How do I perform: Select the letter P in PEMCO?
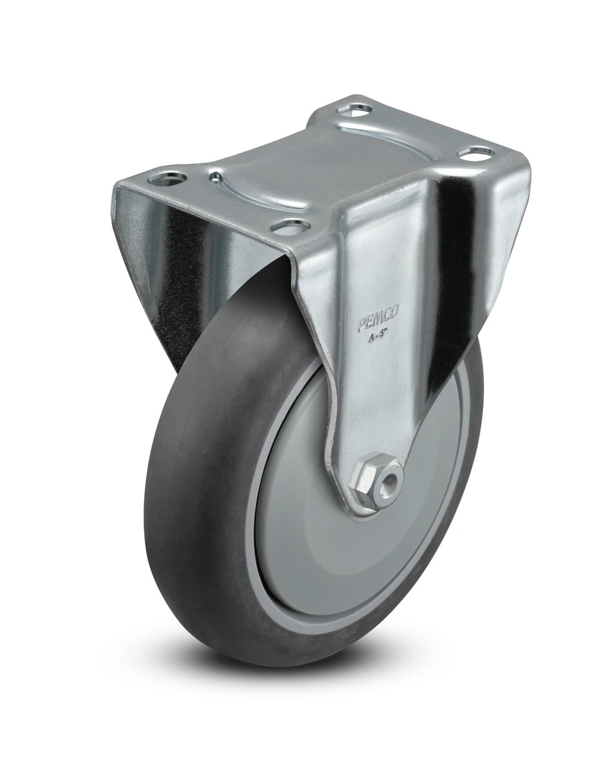(x=361, y=325)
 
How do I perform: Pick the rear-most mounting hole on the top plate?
(x=358, y=110)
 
